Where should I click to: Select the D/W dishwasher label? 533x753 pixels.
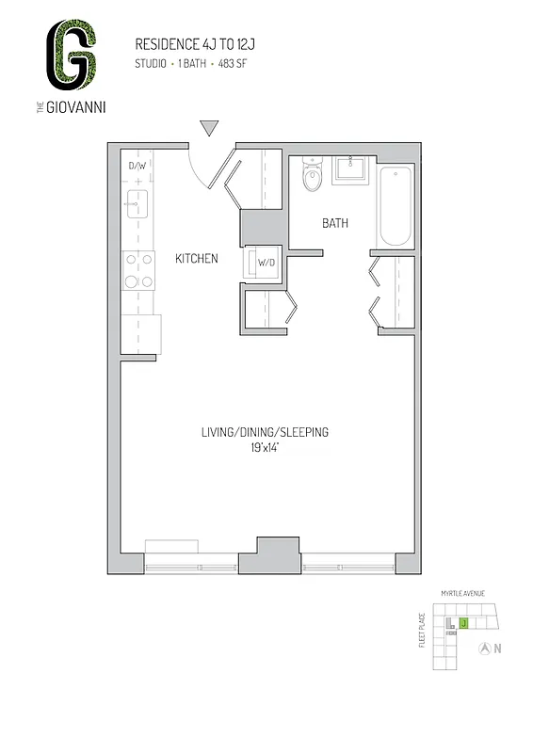pos(137,167)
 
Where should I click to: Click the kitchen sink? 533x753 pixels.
pos(137,200)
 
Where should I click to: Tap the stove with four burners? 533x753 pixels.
pos(138,270)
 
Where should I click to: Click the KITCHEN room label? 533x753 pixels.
pos(197,258)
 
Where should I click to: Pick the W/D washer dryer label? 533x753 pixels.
pos(266,263)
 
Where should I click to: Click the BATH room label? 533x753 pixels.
pos(335,224)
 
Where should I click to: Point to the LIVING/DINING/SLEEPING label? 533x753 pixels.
pos(264,433)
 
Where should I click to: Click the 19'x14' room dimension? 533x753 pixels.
pos(265,449)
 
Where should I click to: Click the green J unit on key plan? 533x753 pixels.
pos(463,623)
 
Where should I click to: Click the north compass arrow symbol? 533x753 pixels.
pos(484,648)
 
